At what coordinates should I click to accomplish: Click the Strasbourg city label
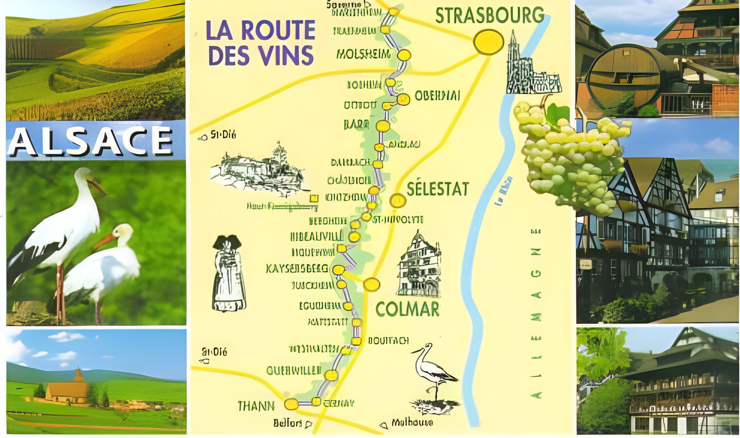click(x=489, y=15)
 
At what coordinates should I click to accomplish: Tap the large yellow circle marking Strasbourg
click(x=488, y=42)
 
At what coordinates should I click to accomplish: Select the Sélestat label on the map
click(x=438, y=189)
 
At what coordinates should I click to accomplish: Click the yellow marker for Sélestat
click(x=398, y=201)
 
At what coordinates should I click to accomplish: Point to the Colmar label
click(x=407, y=309)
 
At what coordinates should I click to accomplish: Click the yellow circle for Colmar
click(x=371, y=285)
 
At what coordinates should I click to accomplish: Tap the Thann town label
click(x=256, y=406)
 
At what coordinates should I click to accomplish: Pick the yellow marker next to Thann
click(x=291, y=404)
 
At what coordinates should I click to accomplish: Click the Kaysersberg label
click(x=297, y=268)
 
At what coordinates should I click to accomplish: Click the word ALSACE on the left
click(x=90, y=141)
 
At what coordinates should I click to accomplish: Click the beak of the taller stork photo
click(x=97, y=187)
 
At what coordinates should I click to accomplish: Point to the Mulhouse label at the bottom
click(x=412, y=423)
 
